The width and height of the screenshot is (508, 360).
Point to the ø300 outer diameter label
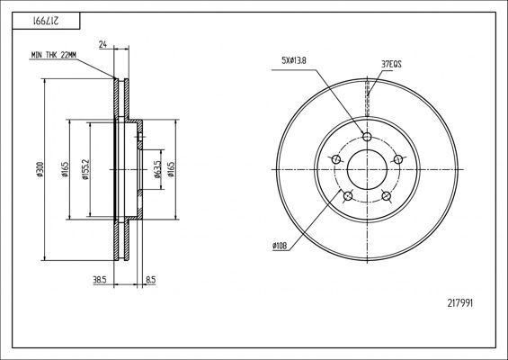40,169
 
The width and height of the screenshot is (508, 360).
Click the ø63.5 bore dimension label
157,168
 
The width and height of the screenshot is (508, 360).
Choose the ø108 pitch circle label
281,245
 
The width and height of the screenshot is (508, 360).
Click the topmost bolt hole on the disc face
366,137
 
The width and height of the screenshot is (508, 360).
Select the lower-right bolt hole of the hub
386,195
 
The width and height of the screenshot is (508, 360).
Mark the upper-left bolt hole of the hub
335,159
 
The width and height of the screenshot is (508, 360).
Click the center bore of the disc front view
366,168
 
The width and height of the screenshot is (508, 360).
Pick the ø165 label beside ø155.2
67,168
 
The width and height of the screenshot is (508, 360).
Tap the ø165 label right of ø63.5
171,168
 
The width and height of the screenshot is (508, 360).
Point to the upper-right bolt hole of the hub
397,159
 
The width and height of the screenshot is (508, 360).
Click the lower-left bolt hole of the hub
347,195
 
